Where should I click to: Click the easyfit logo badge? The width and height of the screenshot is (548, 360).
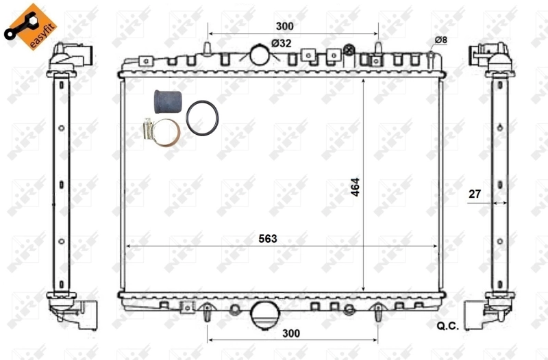(x=31, y=26)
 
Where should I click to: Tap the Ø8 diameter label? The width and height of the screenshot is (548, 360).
(x=440, y=40)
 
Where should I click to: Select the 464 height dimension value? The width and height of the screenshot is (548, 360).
(x=356, y=186)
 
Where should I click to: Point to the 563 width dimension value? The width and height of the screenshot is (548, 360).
(x=277, y=239)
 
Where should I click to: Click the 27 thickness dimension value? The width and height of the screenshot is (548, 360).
(x=474, y=194)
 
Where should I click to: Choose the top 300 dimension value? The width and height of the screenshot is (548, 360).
(x=284, y=26)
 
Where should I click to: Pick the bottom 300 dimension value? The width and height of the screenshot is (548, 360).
(x=291, y=333)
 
